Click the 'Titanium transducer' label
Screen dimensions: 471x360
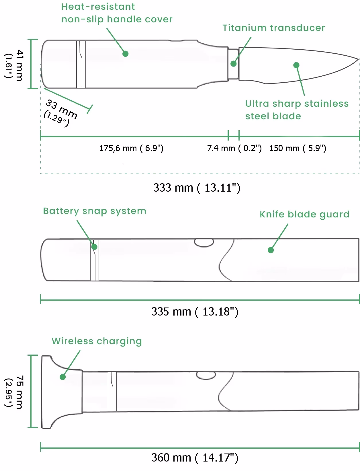[x=274, y=28]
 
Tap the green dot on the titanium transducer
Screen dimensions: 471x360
[x=234, y=63]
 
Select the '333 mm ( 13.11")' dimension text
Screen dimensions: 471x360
[x=197, y=188]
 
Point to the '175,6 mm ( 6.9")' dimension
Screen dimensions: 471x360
[x=131, y=148]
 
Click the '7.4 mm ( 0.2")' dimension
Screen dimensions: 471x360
[x=234, y=148]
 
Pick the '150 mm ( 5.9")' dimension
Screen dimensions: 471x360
[x=298, y=148]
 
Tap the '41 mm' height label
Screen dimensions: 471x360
[x=19, y=65]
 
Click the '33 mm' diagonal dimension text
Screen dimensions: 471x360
[x=61, y=109]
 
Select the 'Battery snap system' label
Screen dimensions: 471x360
[x=95, y=211]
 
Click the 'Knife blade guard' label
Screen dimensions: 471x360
[x=304, y=215]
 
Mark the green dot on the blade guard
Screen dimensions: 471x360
[x=271, y=250]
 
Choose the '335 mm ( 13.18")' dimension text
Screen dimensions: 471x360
[x=195, y=312]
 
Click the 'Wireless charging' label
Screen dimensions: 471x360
[x=97, y=341]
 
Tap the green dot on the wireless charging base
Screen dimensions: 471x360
[x=62, y=377]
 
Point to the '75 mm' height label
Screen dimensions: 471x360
[x=19, y=392]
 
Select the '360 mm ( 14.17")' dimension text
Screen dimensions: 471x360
[x=195, y=458]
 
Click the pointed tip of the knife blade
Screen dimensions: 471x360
[x=358, y=59]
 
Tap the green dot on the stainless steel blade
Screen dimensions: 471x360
[x=296, y=65]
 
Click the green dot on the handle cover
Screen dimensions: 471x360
[x=125, y=54]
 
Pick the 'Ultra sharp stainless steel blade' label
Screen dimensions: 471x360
[x=297, y=110]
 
